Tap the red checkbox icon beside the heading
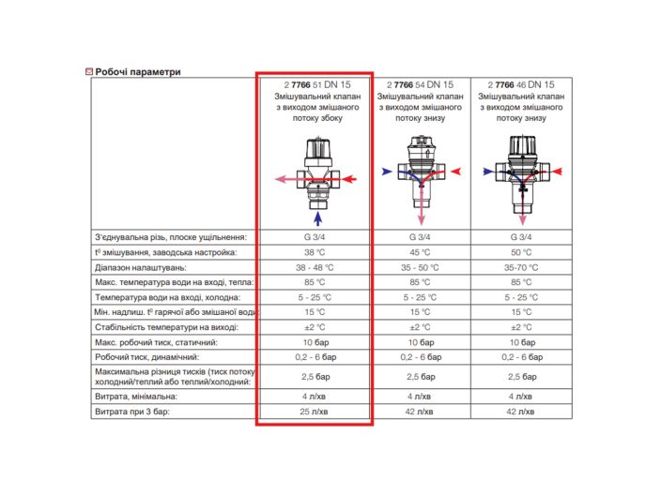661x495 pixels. click(x=88, y=71)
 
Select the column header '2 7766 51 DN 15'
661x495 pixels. click(x=314, y=84)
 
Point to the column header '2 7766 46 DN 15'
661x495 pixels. click(x=520, y=84)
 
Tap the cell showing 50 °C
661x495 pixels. click(x=521, y=252)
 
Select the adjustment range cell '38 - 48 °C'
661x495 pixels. click(x=314, y=267)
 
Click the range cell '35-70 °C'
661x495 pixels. click(x=521, y=267)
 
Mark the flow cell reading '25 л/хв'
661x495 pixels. click(x=314, y=412)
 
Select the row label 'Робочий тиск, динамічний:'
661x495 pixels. click(x=146, y=357)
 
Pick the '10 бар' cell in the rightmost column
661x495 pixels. click(x=521, y=342)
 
